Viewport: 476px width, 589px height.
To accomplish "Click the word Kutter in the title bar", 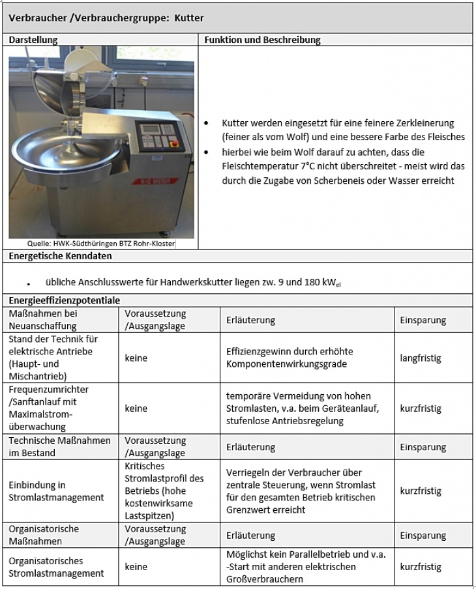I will [189, 18].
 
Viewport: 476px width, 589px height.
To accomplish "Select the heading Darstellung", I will [33, 40].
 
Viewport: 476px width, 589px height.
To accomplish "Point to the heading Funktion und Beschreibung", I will [262, 40].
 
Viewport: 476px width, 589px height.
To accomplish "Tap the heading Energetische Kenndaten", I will [60, 256].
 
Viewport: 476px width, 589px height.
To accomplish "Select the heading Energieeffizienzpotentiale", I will [64, 300].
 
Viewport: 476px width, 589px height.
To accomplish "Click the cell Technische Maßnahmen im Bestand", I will [59, 447].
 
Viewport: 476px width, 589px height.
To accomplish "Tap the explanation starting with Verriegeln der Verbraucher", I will [301, 491].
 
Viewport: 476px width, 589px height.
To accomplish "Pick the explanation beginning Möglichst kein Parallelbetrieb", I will [306, 567].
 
